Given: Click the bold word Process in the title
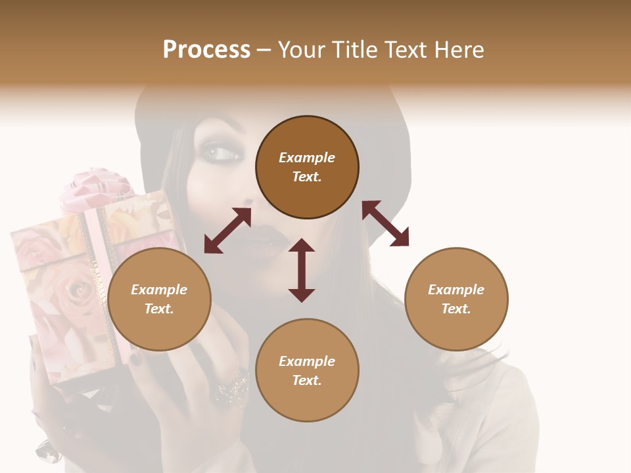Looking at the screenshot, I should click(x=206, y=50).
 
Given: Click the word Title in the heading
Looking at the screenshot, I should click(x=353, y=50).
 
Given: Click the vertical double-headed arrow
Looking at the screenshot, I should click(x=302, y=270).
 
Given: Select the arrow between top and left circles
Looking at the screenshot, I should click(x=227, y=231).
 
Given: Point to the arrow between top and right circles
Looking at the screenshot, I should click(x=385, y=223).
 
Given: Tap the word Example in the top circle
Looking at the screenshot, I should click(x=307, y=158).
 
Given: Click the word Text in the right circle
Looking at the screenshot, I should click(x=456, y=309).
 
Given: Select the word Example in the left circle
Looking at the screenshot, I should click(x=159, y=290).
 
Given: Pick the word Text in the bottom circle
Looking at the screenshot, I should click(x=307, y=380).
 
